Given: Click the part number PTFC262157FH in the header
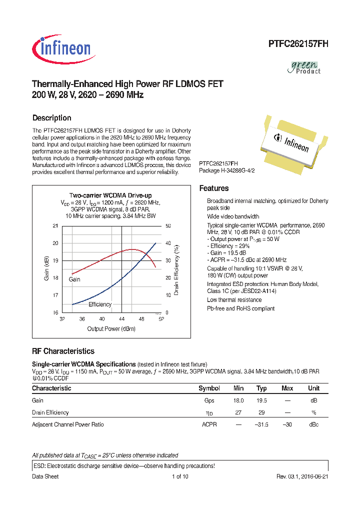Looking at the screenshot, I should [298, 44].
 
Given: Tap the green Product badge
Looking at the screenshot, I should [305, 67].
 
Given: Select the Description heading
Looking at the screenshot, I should [51, 118].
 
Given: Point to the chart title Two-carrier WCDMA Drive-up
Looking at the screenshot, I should [110, 195].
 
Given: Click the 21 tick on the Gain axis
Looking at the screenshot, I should [55, 226].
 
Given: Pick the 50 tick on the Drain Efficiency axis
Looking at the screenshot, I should [168, 226].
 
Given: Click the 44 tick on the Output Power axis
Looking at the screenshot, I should [121, 319].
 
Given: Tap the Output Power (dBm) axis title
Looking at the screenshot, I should [111, 329].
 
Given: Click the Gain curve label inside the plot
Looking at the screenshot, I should [74, 279].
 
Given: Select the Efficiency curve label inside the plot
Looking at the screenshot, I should [100, 304].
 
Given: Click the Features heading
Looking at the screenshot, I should [214, 188].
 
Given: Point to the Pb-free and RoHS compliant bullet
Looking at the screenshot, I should [240, 308].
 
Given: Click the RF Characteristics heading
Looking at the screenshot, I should [63, 351].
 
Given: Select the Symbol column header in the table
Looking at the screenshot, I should [209, 388].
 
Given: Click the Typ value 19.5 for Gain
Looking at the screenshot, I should [261, 400].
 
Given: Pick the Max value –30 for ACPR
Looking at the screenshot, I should [287, 424].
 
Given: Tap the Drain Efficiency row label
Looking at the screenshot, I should [50, 412].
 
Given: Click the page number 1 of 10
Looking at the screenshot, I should [179, 476].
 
